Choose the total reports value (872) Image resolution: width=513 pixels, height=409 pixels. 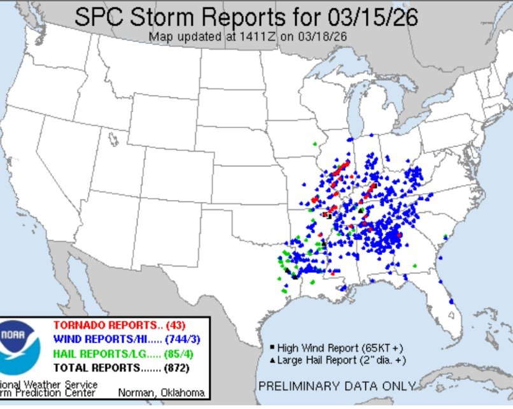pyautogui.click(x=175, y=368)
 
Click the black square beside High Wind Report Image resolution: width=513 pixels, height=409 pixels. pyautogui.click(x=272, y=348)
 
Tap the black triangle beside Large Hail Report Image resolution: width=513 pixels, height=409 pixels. pyautogui.click(x=272, y=361)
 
